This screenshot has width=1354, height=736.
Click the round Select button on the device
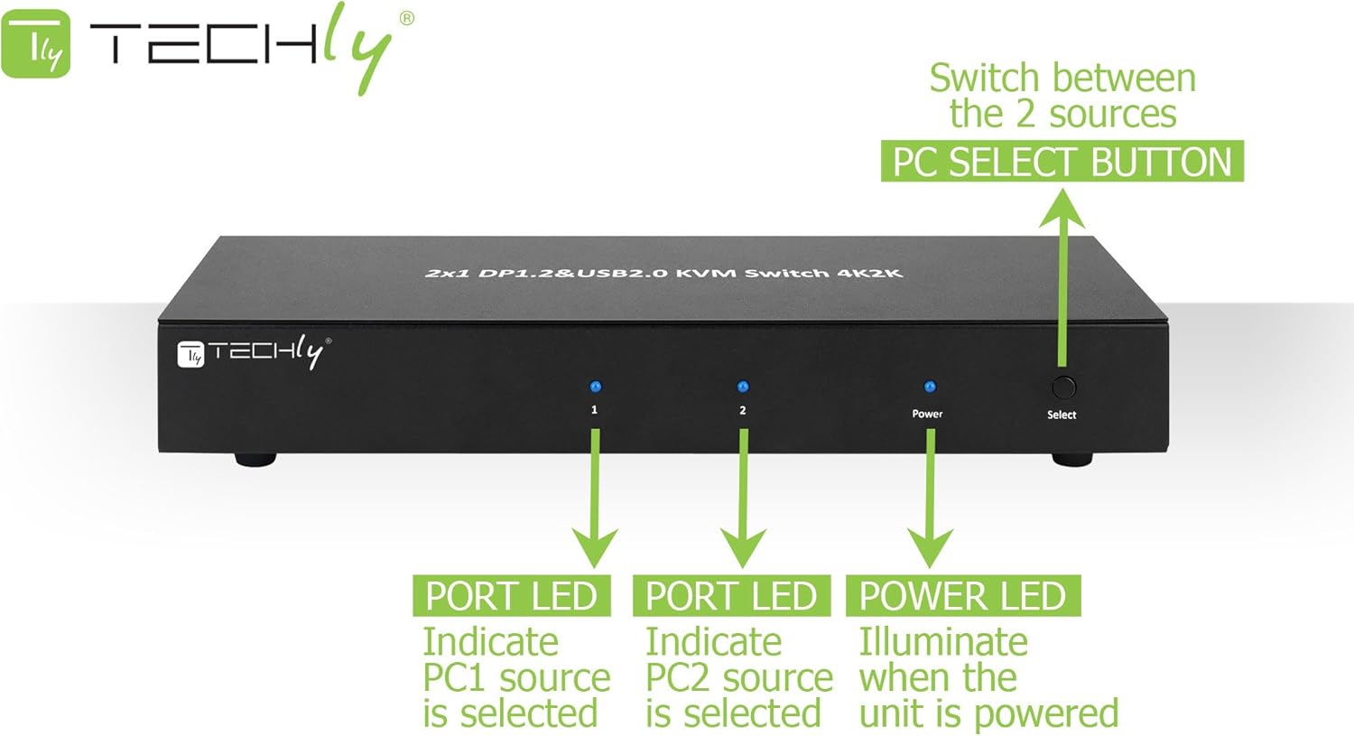coord(1063,387)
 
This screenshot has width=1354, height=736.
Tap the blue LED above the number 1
coord(595,387)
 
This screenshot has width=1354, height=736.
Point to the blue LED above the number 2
coord(743,387)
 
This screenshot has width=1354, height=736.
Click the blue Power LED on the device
coord(930,387)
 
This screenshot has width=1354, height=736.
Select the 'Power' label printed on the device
coord(927,414)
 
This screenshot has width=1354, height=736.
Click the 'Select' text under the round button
coord(1062,415)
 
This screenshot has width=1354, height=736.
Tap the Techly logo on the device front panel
coord(254,351)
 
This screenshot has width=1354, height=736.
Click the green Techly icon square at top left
coord(35,44)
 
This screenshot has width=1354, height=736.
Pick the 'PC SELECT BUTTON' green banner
coord(1062,162)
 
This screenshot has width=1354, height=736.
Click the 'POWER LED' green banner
coord(962,596)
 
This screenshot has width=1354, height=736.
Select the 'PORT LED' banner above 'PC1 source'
coord(511,596)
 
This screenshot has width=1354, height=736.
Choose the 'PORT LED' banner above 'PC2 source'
coord(731,596)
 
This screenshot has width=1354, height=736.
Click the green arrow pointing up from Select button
coord(1062,271)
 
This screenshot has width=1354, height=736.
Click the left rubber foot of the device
coord(255,459)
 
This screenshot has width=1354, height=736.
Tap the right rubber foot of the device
coord(1071,459)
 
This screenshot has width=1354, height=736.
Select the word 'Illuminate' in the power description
coord(942,642)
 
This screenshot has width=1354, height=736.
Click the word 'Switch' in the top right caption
coord(984,79)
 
